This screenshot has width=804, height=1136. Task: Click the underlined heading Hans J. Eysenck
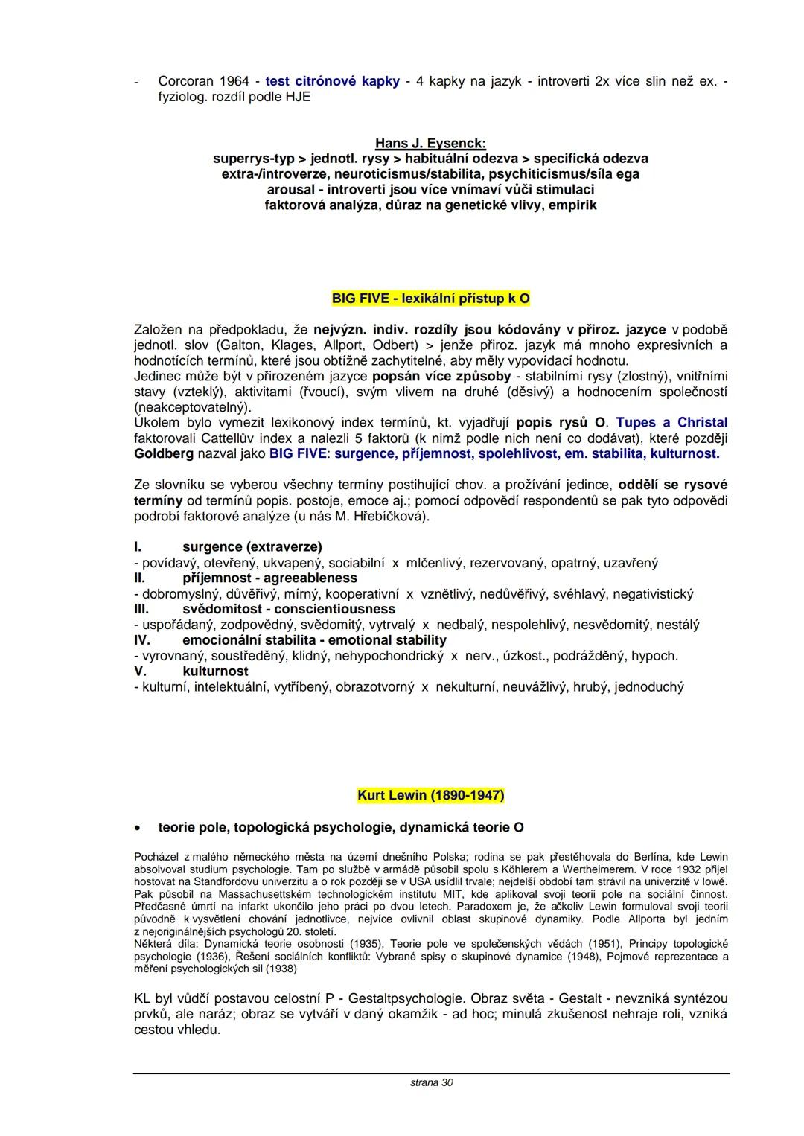430,143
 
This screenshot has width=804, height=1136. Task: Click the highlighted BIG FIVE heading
430,299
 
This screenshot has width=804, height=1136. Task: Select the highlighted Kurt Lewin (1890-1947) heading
430,795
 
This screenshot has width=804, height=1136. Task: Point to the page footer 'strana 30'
431,1082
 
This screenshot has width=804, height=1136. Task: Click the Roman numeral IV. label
142,640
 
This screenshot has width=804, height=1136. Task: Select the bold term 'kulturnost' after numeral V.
215,671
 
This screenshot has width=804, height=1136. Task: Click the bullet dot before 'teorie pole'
138,828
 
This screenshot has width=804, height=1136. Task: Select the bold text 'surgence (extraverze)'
252,547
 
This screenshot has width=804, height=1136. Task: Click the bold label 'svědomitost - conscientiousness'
289,609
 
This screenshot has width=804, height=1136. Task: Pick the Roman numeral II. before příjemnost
139,578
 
